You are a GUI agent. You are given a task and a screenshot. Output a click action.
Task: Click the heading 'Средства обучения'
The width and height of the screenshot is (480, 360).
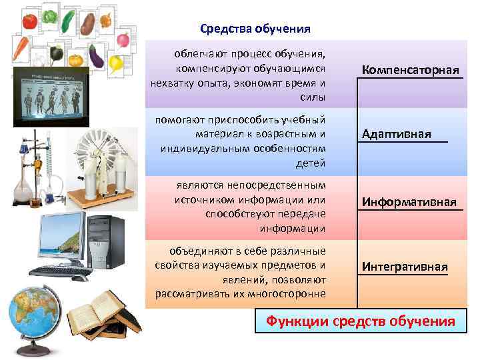pos(255,29)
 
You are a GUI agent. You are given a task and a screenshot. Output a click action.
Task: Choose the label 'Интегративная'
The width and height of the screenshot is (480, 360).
pos(404,267)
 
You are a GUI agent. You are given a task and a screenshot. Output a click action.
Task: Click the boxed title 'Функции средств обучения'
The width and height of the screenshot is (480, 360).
pos(360,321)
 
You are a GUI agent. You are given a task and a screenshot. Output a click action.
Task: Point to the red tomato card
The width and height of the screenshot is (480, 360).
pos(29,21)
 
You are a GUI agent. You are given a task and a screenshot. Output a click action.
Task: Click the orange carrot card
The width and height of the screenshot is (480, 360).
pos(21,48)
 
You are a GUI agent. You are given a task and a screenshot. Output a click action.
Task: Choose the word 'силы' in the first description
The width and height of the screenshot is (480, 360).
pos(313,97)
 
